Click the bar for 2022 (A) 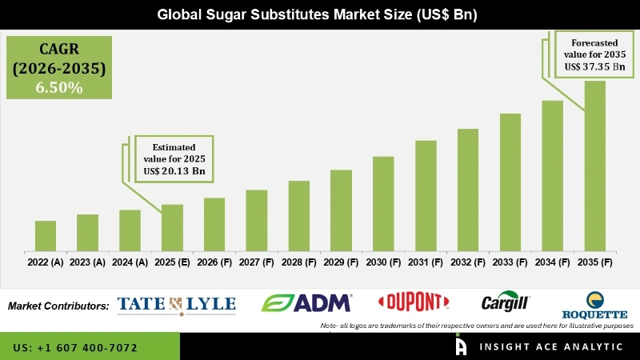(x=46, y=236)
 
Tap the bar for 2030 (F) (x=383, y=204)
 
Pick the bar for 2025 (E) (x=172, y=228)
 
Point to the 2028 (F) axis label (x=298, y=262)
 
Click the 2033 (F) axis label (x=510, y=262)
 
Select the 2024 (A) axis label (x=130, y=262)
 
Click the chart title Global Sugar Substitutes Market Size (x=319, y=14)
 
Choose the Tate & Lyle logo (x=176, y=303)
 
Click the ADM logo (x=307, y=302)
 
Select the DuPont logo (x=413, y=302)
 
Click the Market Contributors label (x=58, y=306)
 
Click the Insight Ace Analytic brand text (x=551, y=346)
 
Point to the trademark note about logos (x=477, y=326)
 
